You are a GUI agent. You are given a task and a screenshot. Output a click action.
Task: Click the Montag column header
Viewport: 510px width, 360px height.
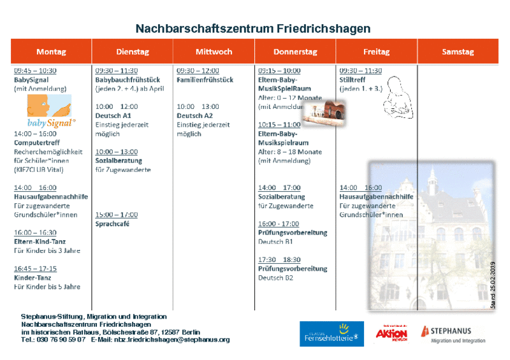pyautogui.click(x=51, y=52)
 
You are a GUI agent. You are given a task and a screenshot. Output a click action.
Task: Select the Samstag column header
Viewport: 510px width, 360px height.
pyautogui.click(x=458, y=52)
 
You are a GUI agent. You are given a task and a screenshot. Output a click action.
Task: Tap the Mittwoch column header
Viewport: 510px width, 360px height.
pyautogui.click(x=214, y=52)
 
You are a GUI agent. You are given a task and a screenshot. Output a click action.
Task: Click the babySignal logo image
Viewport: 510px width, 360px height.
pyautogui.click(x=50, y=111)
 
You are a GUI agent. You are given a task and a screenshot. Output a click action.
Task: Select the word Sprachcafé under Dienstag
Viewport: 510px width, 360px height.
pyautogui.click(x=113, y=224)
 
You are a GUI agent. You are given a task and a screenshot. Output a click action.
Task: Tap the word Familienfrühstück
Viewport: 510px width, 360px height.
pyautogui.click(x=205, y=80)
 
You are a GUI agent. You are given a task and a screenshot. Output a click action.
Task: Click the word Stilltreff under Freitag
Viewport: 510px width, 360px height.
pyautogui.click(x=353, y=80)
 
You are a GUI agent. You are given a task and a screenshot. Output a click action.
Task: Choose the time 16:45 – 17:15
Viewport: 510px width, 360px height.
pyautogui.click(x=35, y=268)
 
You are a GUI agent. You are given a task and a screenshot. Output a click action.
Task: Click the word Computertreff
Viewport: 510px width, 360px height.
pyautogui.click(x=36, y=143)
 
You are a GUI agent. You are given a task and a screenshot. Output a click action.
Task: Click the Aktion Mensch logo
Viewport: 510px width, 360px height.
pyautogui.click(x=391, y=333)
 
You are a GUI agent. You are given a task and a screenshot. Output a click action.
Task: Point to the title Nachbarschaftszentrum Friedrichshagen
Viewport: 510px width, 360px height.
pyautogui.click(x=253, y=29)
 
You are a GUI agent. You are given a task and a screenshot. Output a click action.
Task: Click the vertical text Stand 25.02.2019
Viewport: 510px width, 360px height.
pyautogui.click(x=493, y=285)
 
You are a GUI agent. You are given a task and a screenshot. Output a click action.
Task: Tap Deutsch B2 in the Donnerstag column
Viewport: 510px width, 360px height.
pyautogui.click(x=275, y=278)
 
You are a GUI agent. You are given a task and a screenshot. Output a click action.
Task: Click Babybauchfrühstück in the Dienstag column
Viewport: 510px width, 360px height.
pyautogui.click(x=127, y=80)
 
